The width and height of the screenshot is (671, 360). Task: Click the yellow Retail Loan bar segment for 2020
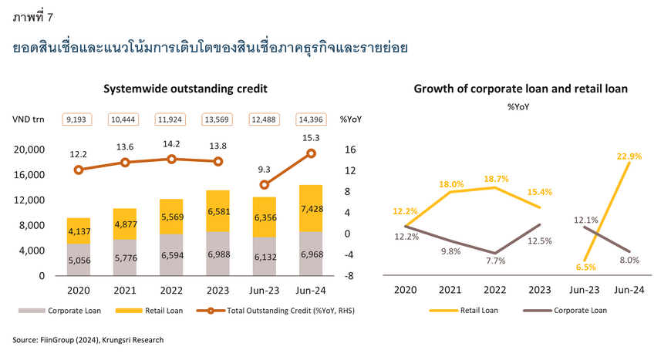coord(79,230)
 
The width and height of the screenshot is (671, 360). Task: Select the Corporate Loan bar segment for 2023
coord(218,254)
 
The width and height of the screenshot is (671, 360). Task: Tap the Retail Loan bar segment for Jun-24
coord(312,208)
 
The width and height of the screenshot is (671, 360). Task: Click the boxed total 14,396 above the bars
coord(312,119)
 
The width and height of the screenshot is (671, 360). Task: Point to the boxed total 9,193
coord(79,119)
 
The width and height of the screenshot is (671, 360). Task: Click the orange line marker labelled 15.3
coord(312,153)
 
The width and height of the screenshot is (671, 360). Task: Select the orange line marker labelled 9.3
coord(265,185)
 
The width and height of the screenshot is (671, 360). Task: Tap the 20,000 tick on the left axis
coord(29,150)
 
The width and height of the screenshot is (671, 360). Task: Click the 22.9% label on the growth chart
coord(629,156)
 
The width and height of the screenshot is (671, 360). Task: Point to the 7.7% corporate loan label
coord(496,261)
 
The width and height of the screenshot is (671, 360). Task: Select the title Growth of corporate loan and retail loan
coord(521,89)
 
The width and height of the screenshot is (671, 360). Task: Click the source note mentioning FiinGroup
coord(89,339)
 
